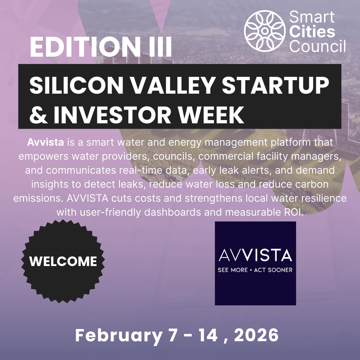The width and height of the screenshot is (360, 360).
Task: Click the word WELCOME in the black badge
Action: click(x=63, y=261)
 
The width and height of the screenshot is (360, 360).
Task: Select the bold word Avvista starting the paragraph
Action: click(x=45, y=143)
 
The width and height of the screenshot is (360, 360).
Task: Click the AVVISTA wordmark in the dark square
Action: click(x=255, y=255)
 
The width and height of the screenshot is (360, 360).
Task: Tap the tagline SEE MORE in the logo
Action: click(x=232, y=270)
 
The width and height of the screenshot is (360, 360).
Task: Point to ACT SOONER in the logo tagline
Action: click(x=273, y=270)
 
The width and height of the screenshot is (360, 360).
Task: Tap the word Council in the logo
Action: click(x=318, y=46)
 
